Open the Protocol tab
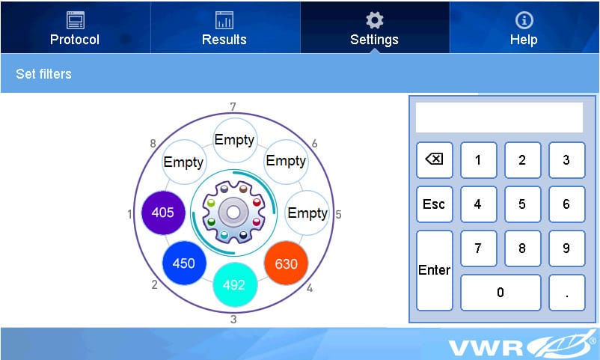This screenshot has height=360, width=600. tap(75, 28)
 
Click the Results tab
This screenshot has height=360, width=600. tap(224, 28)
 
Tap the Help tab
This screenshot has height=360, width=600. tap(524, 28)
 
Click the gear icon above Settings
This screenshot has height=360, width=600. tap(374, 20)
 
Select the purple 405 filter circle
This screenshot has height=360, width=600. tap(163, 213)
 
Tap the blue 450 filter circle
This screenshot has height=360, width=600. tap(184, 263)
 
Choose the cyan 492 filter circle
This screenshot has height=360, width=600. tap(235, 284)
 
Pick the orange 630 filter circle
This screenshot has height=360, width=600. tap(286, 263)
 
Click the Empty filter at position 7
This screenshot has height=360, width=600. tap(235, 140)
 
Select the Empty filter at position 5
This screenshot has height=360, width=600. tap(307, 213)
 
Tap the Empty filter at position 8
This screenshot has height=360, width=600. tap(184, 162)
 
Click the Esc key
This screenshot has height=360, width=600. tap(435, 204)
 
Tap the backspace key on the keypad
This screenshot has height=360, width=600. tap(435, 159)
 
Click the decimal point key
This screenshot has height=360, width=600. tap(567, 293)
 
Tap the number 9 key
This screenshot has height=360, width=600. tap(567, 248)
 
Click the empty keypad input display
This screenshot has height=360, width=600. tap(499, 118)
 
